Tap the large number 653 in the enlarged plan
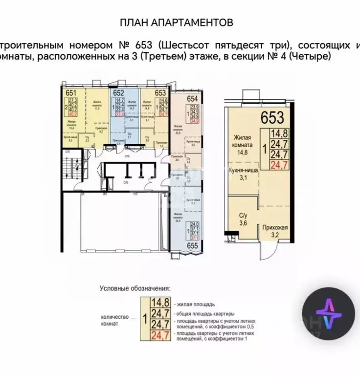pos(271,117)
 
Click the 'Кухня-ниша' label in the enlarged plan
pos(244,171)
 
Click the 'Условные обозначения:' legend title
pos(135,288)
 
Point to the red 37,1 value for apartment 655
pos(195,239)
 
